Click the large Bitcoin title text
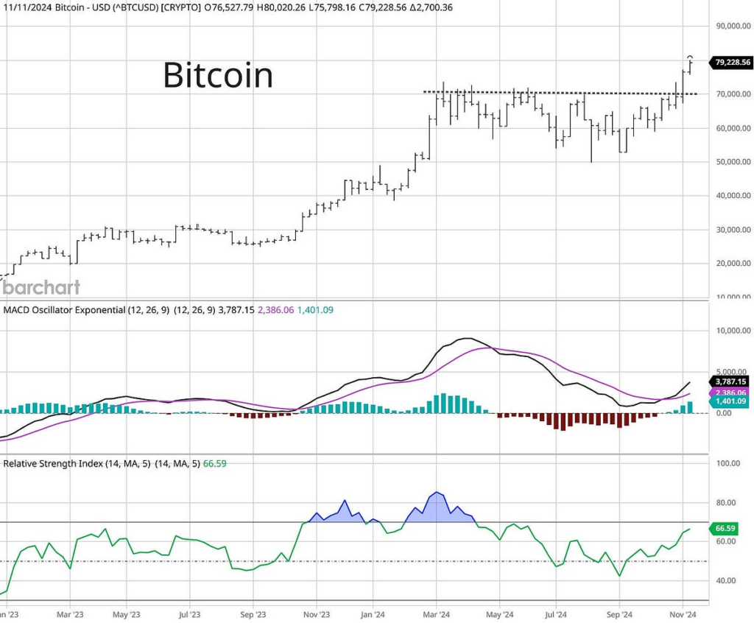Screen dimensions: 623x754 click(217, 75)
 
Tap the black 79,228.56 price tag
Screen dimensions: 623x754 click(732, 63)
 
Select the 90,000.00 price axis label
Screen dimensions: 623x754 click(732, 27)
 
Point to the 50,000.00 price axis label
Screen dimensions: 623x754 click(732, 162)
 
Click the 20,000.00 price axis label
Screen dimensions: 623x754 click(732, 264)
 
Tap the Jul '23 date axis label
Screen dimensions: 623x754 click(190, 613)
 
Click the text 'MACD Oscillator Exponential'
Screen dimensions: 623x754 click(65, 310)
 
